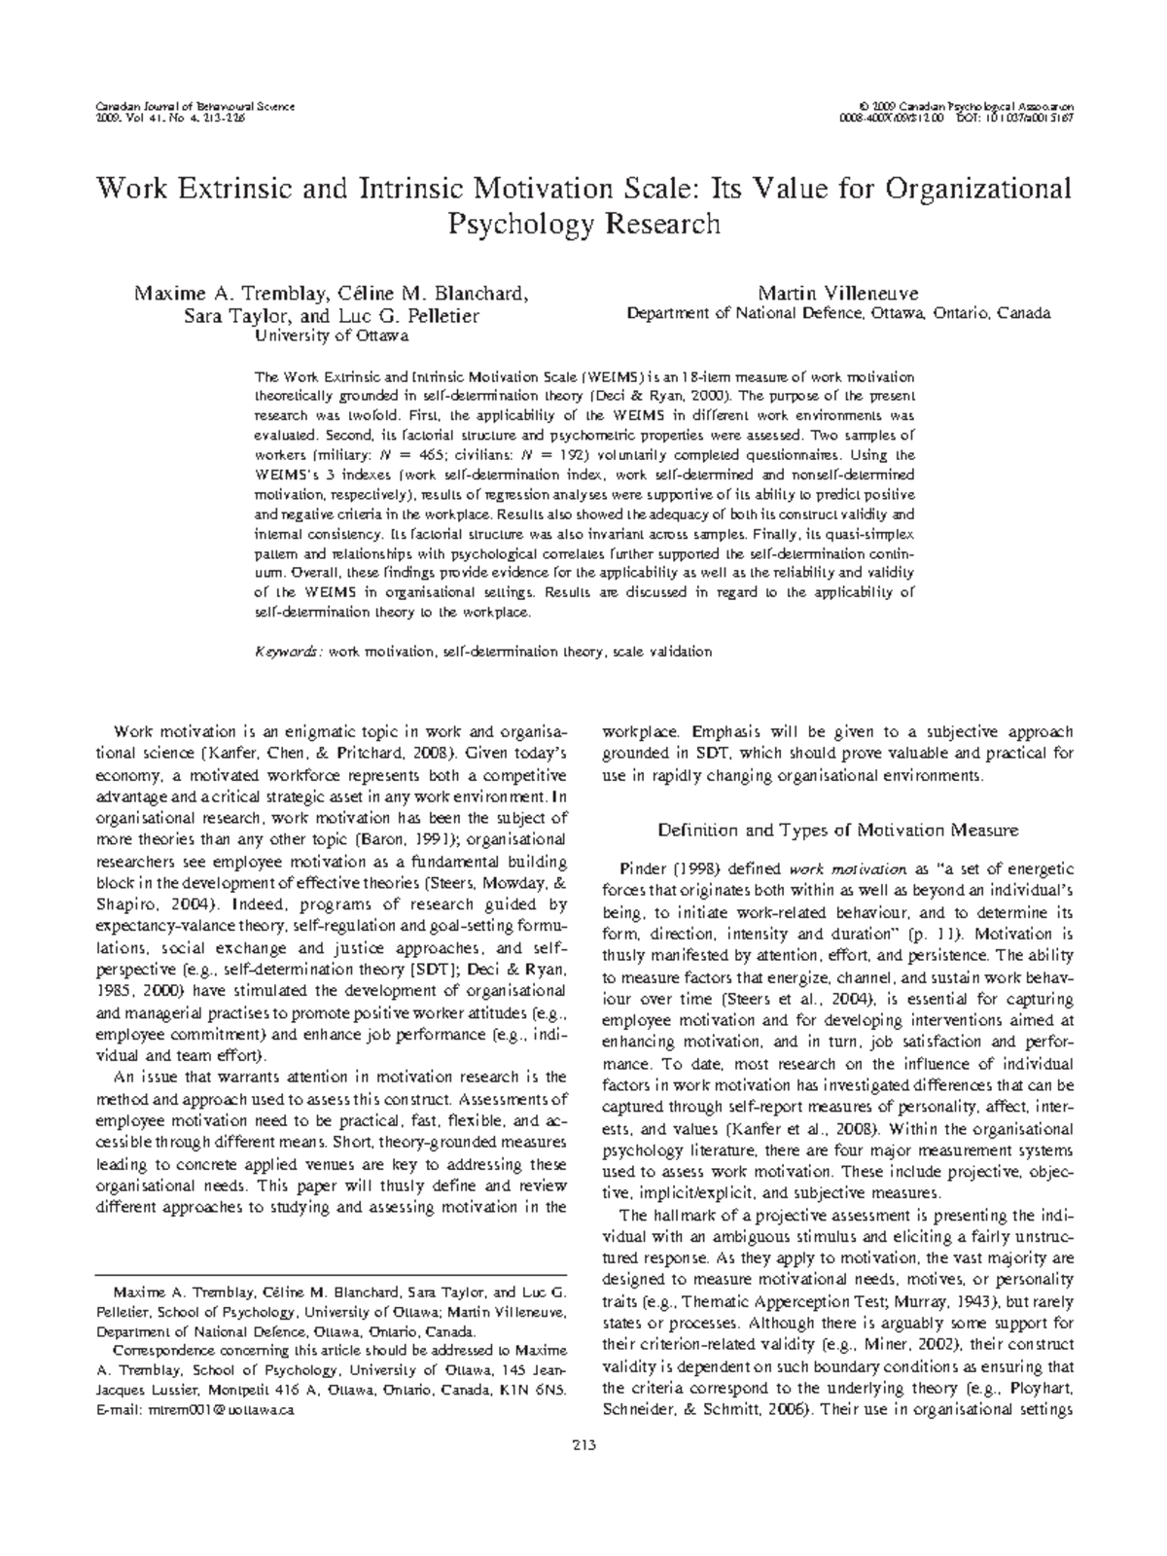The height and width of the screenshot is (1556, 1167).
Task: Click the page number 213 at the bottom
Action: (583, 1444)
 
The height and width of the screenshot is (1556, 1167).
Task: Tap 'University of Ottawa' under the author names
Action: (331, 336)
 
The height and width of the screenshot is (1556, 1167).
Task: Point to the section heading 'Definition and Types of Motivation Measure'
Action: (837, 830)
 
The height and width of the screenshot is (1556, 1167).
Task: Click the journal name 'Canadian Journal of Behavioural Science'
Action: (194, 104)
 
